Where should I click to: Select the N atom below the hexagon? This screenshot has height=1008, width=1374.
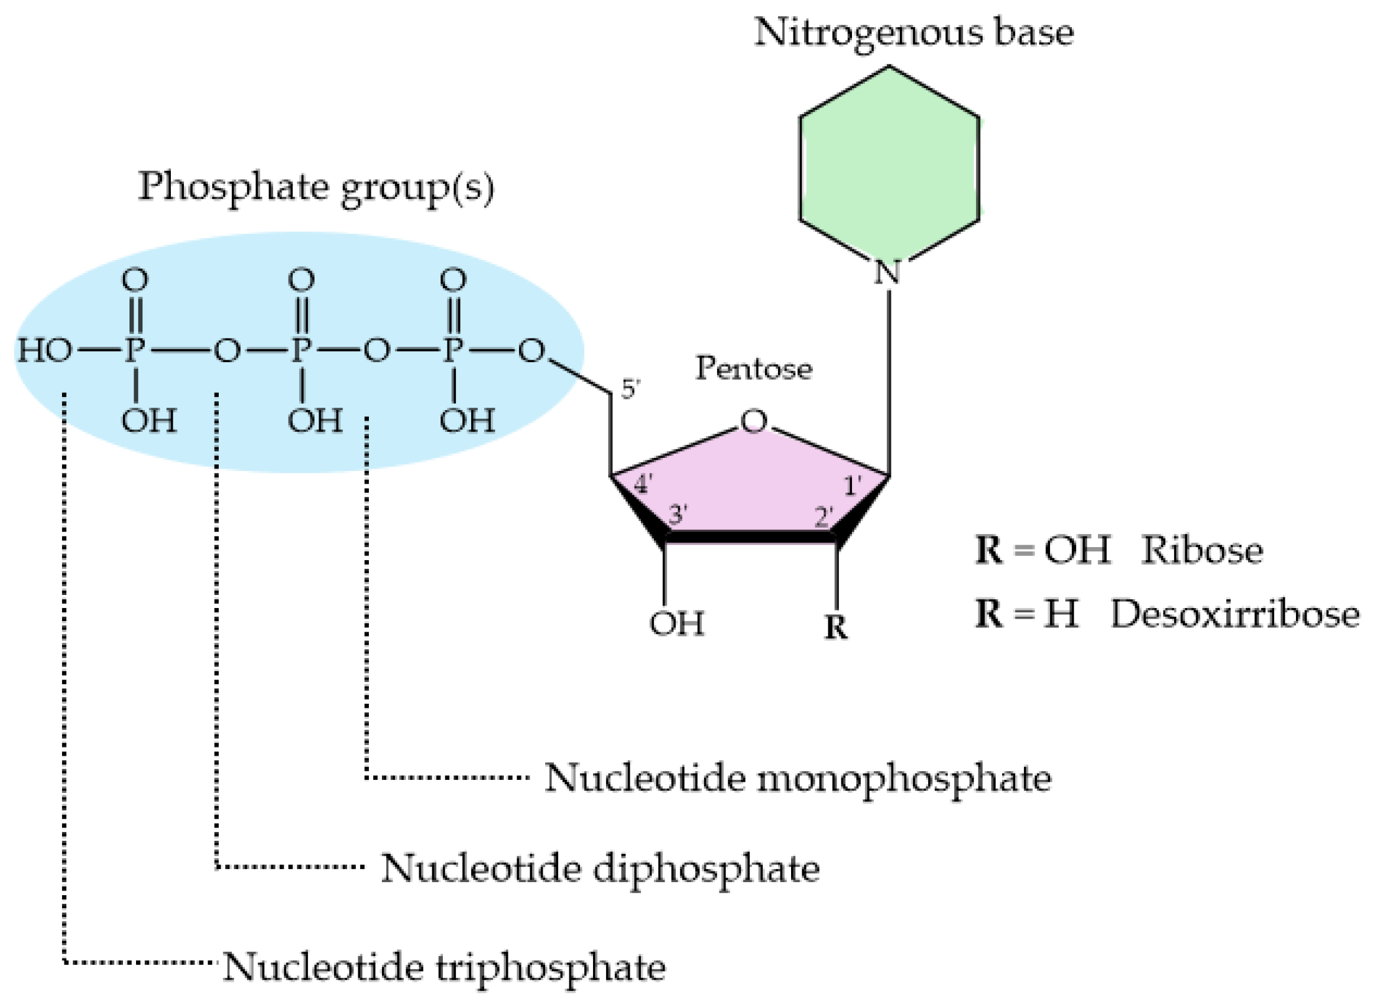click(x=887, y=273)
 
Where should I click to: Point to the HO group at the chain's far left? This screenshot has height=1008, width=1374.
click(x=44, y=351)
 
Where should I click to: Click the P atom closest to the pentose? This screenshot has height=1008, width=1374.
click(x=452, y=351)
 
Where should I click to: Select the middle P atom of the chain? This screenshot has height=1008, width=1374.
click(x=301, y=351)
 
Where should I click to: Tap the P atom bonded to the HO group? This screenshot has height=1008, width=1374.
click(x=134, y=351)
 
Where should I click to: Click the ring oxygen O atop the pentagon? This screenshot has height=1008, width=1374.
click(x=753, y=421)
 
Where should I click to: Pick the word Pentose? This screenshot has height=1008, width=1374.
click(x=754, y=369)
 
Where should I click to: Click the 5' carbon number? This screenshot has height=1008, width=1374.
click(x=630, y=389)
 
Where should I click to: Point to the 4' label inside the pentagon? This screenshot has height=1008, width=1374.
click(x=643, y=485)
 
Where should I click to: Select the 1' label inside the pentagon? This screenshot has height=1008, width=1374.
click(x=852, y=486)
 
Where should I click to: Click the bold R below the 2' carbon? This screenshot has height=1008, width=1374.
click(x=835, y=627)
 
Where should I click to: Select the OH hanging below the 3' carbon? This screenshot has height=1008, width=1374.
click(x=676, y=623)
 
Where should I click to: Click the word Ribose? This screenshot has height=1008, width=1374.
click(x=1202, y=550)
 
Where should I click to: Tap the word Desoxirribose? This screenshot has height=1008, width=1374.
click(x=1235, y=614)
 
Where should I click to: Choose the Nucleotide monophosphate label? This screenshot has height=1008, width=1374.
click(x=798, y=778)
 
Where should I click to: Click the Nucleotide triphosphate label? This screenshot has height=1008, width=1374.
click(x=444, y=967)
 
